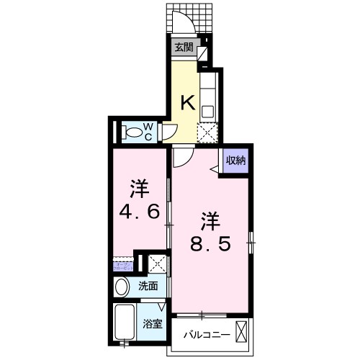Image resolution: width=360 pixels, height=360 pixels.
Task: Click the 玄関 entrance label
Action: click(183, 48)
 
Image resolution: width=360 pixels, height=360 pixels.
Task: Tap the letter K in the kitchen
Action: click(186, 103)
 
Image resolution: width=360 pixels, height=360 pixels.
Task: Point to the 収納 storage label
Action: click(236, 161)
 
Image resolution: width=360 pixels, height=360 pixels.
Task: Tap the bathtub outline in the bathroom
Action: click(125, 323)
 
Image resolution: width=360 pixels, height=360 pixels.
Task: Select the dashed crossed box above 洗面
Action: click(157, 264)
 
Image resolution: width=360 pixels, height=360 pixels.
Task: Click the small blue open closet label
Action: click(120, 266)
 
